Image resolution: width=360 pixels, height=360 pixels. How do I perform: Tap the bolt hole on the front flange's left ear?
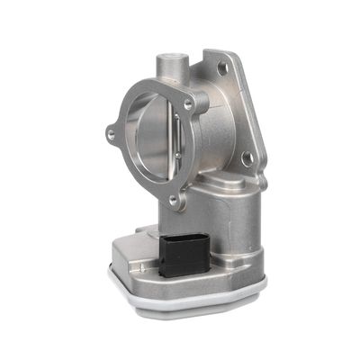coord(111,135)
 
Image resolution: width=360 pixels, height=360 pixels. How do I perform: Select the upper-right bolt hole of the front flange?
coord(188,104)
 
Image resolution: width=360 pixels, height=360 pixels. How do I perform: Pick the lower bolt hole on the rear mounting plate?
coord(246,158)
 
